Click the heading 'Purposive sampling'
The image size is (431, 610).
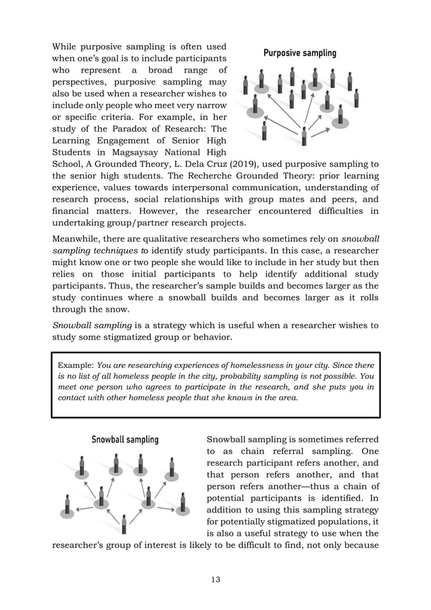[299, 53]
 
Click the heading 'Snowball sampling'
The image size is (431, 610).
[125, 440]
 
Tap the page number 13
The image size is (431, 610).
[215, 579]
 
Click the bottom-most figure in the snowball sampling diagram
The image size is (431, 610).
[124, 524]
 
